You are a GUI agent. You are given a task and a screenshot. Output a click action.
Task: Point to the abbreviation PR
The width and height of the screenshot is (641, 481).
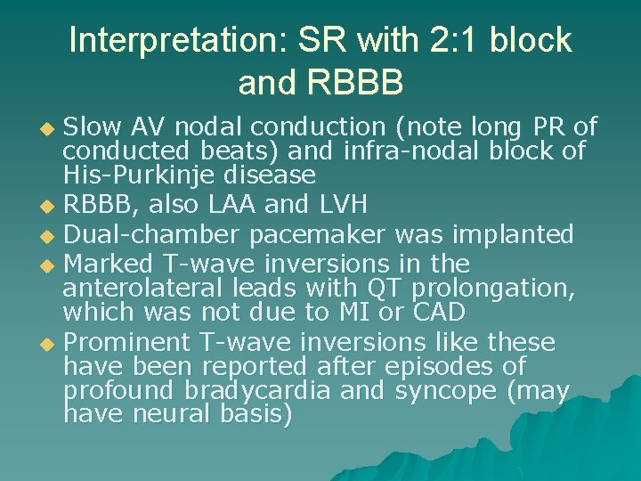(550, 127)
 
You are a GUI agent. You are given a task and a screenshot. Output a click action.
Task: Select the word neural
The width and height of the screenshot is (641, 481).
(173, 414)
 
